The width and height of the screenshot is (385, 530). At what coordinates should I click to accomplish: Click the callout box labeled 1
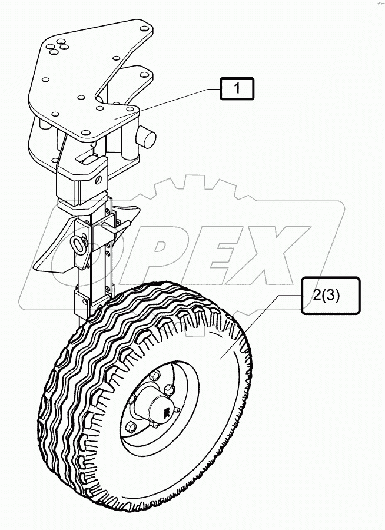click(x=237, y=90)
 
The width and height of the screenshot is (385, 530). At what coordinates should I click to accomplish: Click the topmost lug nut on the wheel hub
click(x=156, y=375)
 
